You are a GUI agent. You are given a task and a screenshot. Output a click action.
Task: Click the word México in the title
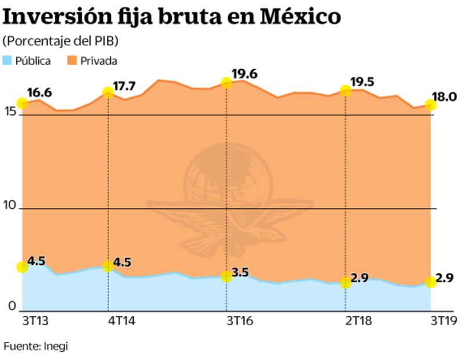[x=300, y=17]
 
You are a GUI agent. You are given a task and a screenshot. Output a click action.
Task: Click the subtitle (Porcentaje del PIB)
[x=60, y=42]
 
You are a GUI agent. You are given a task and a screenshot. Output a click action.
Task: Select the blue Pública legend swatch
[x=8, y=60]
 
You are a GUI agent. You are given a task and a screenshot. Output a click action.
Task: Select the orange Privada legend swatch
[x=71, y=60]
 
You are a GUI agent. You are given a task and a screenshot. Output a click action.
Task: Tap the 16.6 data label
[x=39, y=92]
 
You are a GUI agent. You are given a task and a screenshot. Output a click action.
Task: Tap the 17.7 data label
[x=124, y=87]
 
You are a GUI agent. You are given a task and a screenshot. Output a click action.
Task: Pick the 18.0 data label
[x=444, y=96]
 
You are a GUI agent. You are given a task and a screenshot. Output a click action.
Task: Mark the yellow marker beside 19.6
[x=227, y=83]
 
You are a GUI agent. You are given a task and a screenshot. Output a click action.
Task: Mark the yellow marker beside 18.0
[x=430, y=105]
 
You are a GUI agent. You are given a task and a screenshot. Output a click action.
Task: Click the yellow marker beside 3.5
[x=227, y=276]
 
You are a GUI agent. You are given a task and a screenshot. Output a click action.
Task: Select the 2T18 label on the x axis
[x=358, y=321]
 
